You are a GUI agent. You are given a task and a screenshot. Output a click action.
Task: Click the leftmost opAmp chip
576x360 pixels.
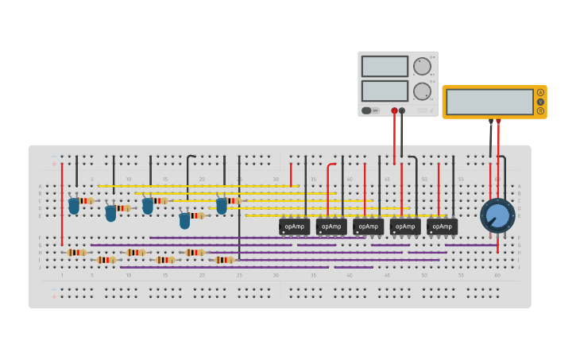click(x=294, y=226)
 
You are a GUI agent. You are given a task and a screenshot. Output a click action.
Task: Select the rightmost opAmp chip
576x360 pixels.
click(x=442, y=226)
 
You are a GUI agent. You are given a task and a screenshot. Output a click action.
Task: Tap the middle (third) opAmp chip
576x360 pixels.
click(x=368, y=226)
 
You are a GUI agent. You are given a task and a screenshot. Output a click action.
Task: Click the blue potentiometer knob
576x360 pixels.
click(x=497, y=215)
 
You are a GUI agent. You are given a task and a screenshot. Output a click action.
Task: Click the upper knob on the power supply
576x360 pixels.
click(x=421, y=66)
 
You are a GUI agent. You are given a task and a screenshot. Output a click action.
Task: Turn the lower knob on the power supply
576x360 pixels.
click(x=421, y=91)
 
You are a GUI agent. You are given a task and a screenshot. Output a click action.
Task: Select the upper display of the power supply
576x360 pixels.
click(x=385, y=66)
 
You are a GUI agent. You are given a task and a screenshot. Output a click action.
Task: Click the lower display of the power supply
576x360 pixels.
click(x=385, y=91)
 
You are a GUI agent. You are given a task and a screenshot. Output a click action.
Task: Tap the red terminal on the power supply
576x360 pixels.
click(x=394, y=111)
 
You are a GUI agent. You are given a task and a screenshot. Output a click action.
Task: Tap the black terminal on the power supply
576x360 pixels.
click(x=402, y=111)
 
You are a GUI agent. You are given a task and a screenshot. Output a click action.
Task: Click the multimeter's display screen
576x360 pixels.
click(x=489, y=102)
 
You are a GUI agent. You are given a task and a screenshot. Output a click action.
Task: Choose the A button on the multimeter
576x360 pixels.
click(x=540, y=92)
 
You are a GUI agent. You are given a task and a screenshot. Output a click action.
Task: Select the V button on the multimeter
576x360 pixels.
click(x=540, y=102)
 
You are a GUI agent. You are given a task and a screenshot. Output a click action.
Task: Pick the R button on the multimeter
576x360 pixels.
click(x=540, y=111)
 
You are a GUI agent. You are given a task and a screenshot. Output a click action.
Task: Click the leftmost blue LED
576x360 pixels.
click(x=74, y=206)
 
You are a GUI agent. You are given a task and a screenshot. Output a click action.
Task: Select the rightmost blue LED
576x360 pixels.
click(x=222, y=206)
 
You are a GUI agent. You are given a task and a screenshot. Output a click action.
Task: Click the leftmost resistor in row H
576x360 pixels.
click(x=76, y=253)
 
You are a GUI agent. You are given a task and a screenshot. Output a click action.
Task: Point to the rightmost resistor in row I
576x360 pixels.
click(x=224, y=260)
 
